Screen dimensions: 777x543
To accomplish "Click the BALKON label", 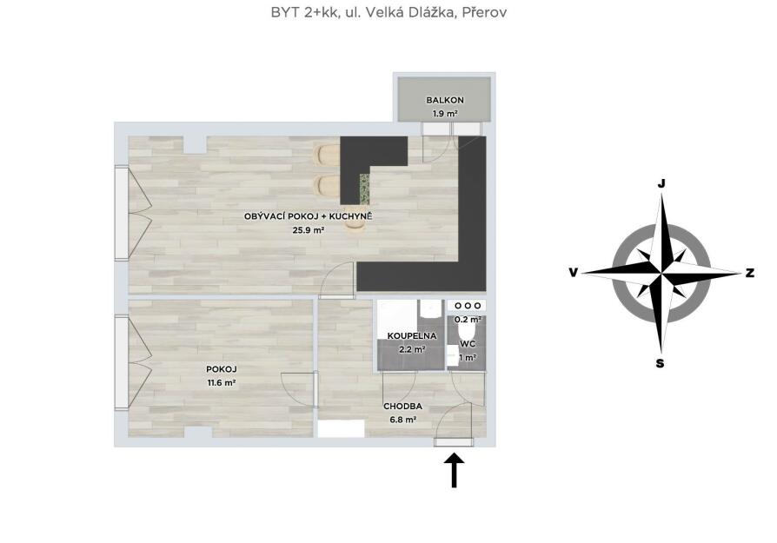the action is pyautogui.click(x=445, y=100).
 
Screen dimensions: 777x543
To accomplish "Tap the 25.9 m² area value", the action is pyautogui.click(x=309, y=230).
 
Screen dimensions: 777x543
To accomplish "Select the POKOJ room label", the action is pyautogui.click(x=222, y=369).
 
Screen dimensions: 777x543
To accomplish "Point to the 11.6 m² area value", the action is pyautogui.click(x=221, y=382).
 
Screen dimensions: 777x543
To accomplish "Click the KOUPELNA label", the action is pyautogui.click(x=412, y=336).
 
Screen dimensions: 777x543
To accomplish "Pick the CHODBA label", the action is pyautogui.click(x=403, y=407).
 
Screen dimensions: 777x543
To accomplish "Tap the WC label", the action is pyautogui.click(x=468, y=344).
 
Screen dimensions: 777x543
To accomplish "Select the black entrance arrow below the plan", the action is pyautogui.click(x=454, y=471).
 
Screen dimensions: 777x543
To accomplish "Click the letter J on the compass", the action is pyautogui.click(x=661, y=184).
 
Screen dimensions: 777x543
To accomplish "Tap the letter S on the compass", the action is pyautogui.click(x=660, y=364).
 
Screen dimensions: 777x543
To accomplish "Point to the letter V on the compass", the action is pyautogui.click(x=574, y=273).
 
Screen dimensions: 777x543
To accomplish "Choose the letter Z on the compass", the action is pyautogui.click(x=750, y=273).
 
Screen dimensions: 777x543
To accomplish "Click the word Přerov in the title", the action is pyautogui.click(x=484, y=12).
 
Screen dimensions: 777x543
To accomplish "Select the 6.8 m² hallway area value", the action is pyautogui.click(x=403, y=420).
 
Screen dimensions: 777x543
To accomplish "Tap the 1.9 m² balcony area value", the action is pyautogui.click(x=445, y=114).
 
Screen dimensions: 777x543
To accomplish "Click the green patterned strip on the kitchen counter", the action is pyautogui.click(x=365, y=189).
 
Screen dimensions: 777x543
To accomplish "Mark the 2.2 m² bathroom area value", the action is pyautogui.click(x=412, y=349).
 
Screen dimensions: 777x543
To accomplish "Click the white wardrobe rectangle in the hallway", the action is pyautogui.click(x=341, y=428).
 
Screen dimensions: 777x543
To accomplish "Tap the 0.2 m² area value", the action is pyautogui.click(x=468, y=320).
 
